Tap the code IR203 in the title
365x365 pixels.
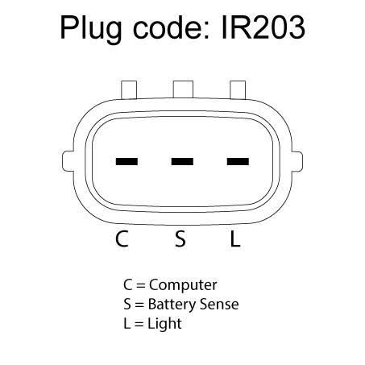263,27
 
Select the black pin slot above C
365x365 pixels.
127,161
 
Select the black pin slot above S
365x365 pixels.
182,161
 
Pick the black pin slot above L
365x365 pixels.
238,161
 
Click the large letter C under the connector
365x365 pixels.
122,238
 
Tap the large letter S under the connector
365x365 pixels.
180,238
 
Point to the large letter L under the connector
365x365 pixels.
235,238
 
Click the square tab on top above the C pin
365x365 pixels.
129,89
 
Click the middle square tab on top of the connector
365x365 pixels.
183,89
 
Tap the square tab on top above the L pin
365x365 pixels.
238,89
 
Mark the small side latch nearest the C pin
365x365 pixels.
68,161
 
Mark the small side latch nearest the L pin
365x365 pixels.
297,161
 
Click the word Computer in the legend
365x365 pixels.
183,285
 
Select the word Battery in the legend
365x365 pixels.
172,305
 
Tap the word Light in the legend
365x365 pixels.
164,324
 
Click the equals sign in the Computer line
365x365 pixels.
141,285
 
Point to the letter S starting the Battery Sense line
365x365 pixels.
127,305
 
